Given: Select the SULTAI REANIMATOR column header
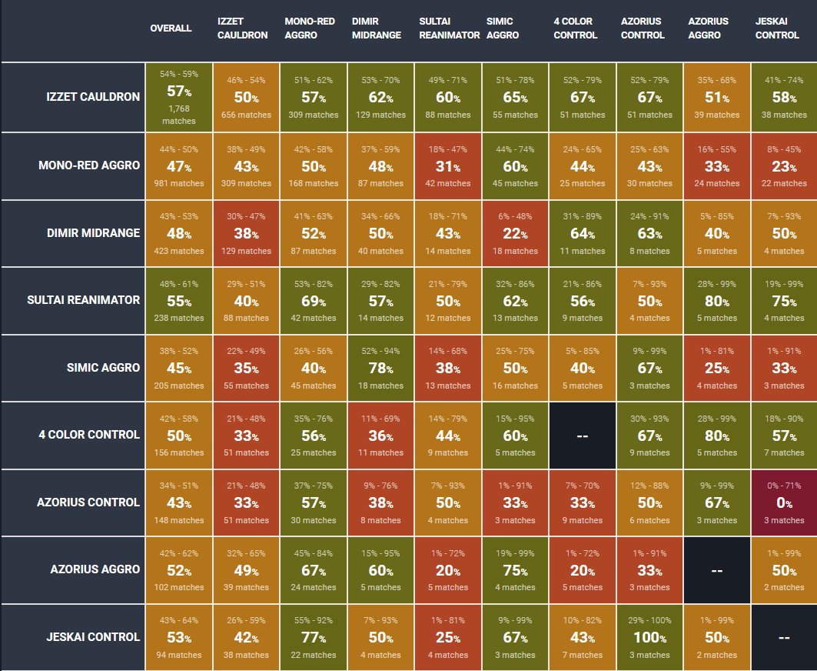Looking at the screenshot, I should (449, 28).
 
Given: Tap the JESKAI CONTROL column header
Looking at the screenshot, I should (777, 28).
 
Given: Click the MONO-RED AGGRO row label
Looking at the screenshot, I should (89, 165).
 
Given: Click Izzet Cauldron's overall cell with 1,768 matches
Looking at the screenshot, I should (178, 97).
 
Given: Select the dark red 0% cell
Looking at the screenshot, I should (784, 502).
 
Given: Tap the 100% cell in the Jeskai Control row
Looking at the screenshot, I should (649, 637).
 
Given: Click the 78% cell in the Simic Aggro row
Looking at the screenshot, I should (381, 368).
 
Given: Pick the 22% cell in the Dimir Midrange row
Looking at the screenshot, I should (516, 233).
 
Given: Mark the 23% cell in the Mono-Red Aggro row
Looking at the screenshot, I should (784, 166).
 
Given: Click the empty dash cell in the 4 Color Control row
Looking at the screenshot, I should (583, 436).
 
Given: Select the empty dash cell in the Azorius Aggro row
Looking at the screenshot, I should (717, 570).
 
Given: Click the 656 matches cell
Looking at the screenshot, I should (246, 97).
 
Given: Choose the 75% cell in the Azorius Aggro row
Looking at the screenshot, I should (516, 570).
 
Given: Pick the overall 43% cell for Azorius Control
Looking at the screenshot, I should (178, 502).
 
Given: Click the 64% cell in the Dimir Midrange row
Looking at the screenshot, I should (583, 233).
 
